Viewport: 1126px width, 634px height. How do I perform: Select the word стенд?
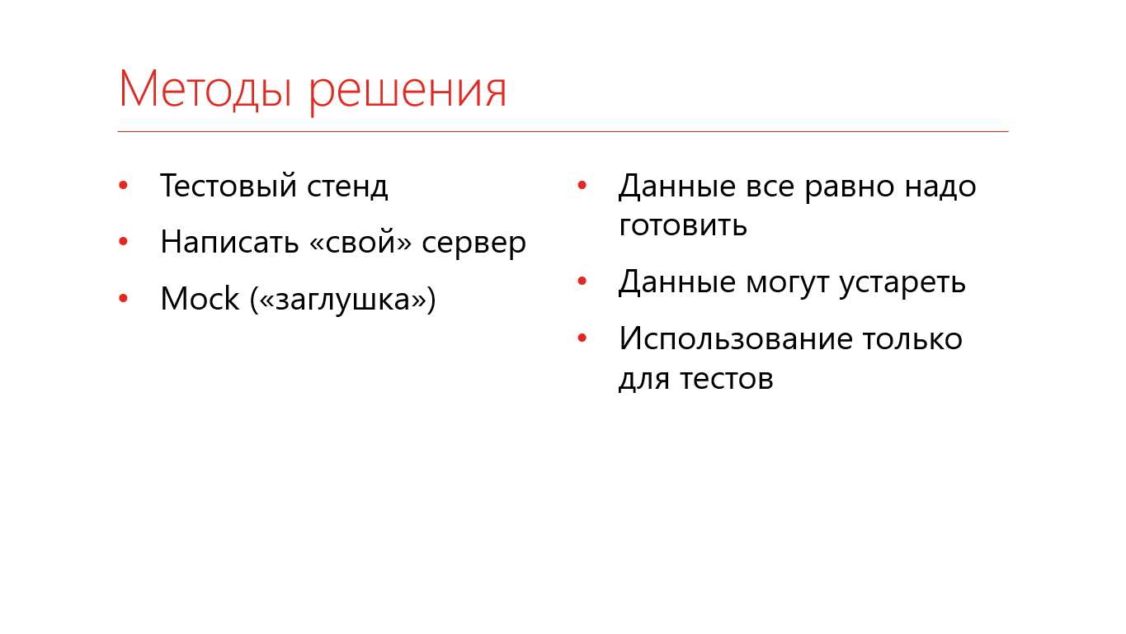347,187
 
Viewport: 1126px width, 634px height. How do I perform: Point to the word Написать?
229,242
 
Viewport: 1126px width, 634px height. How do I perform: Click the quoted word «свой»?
360,242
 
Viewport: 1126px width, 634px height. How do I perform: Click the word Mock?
200,298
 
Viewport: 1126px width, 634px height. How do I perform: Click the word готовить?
683,225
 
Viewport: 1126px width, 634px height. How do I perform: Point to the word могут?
787,284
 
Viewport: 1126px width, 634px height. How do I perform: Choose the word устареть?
902,284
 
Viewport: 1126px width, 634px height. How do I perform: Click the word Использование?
736,338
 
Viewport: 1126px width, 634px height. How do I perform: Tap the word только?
913,338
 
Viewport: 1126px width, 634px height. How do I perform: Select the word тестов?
727,379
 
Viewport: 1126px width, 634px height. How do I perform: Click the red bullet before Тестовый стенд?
123,186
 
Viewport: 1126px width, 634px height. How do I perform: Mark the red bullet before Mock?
123,298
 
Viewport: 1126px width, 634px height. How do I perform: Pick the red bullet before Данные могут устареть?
582,282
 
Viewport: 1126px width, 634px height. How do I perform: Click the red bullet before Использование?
582,338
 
